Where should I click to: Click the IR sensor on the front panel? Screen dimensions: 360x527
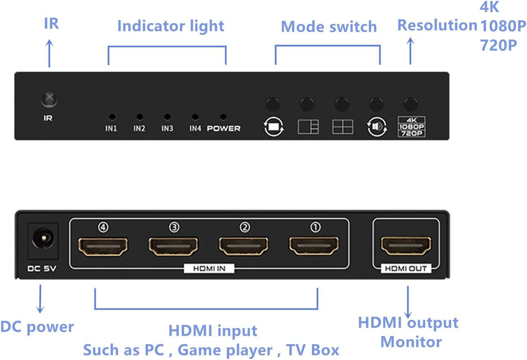pos(49,99)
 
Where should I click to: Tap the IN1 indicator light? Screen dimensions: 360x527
pos(112,117)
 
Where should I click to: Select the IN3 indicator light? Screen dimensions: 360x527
pos(167,117)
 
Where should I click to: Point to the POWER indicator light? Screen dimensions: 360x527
pos(223,117)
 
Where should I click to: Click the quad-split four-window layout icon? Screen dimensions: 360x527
pos(343,127)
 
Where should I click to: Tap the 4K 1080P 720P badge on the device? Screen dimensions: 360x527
pos(411,127)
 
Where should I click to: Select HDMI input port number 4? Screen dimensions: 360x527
pos(103,246)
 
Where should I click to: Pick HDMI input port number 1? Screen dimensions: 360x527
pos(314,246)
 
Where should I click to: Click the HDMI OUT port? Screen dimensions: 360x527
pos(406,246)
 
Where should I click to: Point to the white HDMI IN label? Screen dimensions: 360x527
pos(209,268)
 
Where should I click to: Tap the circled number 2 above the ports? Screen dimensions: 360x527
pos(244,228)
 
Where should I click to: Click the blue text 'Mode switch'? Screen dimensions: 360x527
pos(329,27)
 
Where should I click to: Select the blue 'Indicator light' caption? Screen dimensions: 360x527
pos(170,26)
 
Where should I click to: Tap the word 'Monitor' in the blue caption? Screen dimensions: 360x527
pos(411,342)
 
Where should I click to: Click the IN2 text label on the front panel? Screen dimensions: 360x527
pos(139,129)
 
